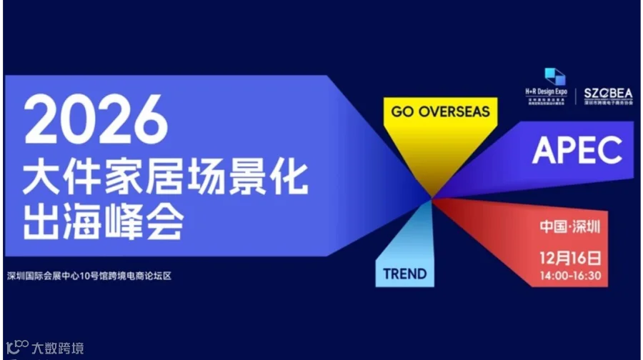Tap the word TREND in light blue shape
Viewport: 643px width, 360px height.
404,273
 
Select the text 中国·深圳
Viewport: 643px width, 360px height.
570,227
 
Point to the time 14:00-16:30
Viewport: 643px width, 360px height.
570,275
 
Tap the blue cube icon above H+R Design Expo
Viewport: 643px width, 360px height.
554,76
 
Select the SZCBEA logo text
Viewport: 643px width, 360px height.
603,93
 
